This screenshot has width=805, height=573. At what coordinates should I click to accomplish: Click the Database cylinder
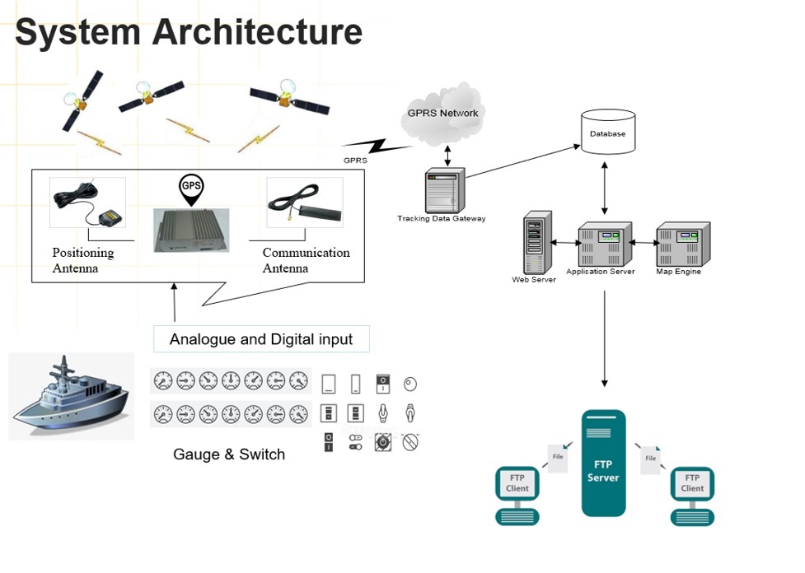[607, 132]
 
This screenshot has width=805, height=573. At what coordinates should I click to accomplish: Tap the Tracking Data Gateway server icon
[443, 191]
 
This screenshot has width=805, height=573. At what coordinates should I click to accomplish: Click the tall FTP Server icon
[603, 464]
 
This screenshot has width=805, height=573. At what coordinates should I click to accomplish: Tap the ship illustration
[71, 395]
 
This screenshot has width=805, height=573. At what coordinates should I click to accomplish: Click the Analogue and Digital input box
[260, 339]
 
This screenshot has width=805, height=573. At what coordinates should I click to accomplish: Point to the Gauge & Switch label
[229, 454]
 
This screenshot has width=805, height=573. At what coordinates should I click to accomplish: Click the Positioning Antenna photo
[87, 203]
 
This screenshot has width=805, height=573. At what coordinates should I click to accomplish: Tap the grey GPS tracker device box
[190, 229]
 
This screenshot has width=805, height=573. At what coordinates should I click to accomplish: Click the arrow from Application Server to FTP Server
[605, 338]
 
